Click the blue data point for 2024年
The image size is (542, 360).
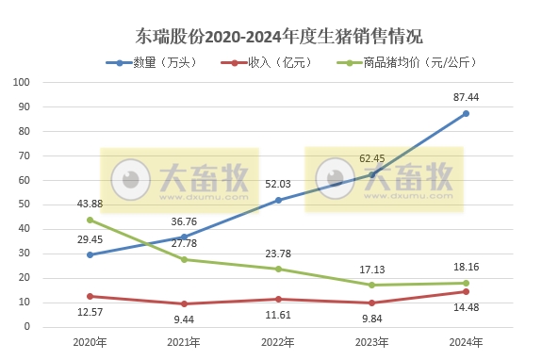(x=466, y=114)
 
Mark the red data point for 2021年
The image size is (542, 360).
(x=184, y=303)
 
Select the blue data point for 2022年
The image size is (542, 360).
(x=278, y=200)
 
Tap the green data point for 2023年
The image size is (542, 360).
(x=372, y=285)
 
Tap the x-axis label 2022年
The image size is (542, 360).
(x=278, y=342)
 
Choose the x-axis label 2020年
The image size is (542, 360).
(x=90, y=342)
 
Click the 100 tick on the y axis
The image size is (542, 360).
(x=24, y=82)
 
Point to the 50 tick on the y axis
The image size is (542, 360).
(x=26, y=205)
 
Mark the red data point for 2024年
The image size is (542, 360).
(x=466, y=291)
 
